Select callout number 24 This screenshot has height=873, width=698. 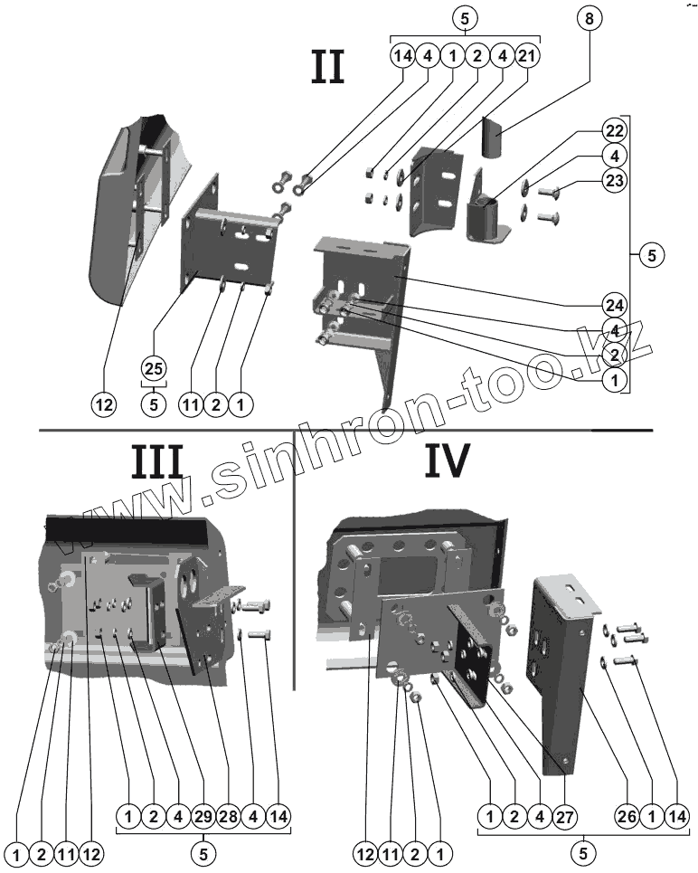point(614,304)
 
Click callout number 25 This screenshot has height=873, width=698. point(155,369)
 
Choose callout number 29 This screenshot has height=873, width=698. point(203,817)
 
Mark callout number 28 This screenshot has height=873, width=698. point(229,817)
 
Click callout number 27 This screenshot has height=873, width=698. point(567,817)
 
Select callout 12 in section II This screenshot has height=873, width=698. point(105,404)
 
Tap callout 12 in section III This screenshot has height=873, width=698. point(90,853)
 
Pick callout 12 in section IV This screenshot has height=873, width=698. point(366,853)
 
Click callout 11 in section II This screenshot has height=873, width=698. point(191,404)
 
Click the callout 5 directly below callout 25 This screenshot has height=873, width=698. point(155,404)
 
